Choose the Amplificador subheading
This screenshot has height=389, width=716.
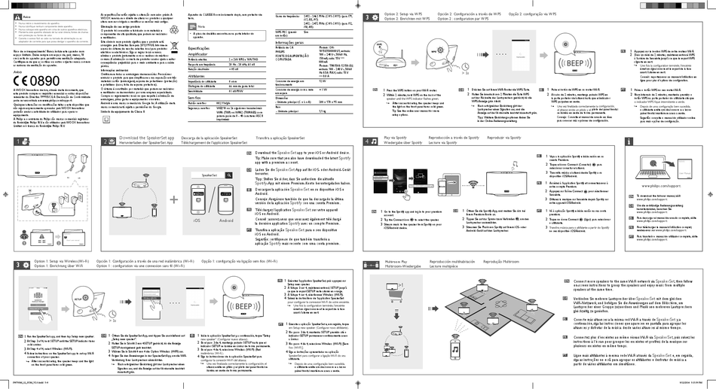198,55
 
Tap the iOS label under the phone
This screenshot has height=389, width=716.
197,220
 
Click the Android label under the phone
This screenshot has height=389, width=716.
223,220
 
